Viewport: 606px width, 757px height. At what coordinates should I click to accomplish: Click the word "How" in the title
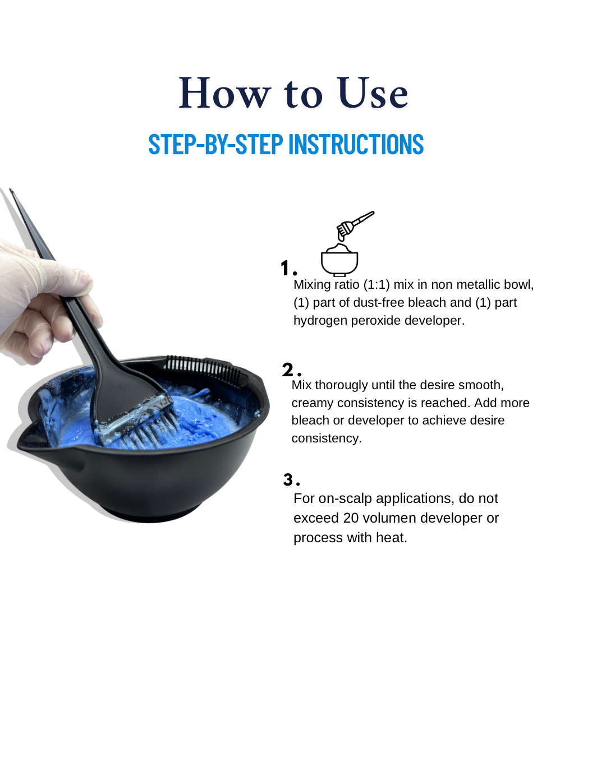(224, 93)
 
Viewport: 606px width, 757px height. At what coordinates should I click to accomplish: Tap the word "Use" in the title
(372, 93)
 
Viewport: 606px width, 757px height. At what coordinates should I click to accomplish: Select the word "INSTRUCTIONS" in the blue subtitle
(356, 144)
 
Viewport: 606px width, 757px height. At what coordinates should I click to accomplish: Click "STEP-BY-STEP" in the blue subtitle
(215, 144)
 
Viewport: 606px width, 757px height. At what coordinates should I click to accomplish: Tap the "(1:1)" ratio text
(377, 285)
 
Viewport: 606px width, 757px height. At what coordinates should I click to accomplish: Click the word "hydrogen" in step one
(320, 321)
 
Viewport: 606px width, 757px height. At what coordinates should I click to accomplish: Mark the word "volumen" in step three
(389, 518)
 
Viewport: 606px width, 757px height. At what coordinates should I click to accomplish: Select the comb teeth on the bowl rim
(203, 366)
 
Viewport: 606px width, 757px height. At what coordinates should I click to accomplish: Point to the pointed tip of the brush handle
(11, 190)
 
